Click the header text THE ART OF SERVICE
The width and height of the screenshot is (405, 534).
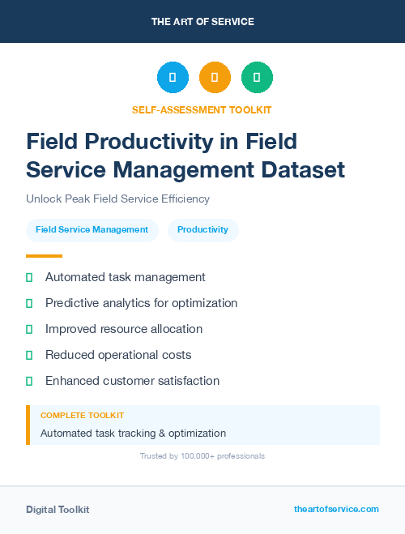[202, 22]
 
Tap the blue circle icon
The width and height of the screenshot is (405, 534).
[173, 78]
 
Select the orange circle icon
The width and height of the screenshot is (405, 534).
[215, 78]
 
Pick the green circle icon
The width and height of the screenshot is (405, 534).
[257, 78]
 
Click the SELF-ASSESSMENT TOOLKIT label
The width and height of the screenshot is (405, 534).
[202, 109]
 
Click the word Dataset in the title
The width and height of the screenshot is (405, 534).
[301, 170]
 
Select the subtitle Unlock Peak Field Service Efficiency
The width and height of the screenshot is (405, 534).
[117, 199]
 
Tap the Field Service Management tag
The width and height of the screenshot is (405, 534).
[92, 230]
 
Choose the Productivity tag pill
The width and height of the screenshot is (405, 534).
[202, 230]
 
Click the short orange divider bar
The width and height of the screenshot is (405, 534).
[44, 256]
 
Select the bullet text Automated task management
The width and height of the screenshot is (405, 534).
[125, 277]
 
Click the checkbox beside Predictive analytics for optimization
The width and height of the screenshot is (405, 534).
[29, 303]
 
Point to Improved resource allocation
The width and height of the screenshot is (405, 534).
[123, 329]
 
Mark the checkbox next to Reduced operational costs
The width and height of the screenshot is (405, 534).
[29, 355]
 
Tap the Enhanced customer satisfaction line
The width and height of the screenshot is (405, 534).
[132, 381]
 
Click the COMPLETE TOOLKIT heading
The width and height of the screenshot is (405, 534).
[82, 415]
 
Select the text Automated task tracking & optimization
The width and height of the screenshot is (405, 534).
[133, 434]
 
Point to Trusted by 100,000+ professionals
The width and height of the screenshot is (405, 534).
[202, 456]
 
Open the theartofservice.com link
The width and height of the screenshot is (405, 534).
[336, 509]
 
